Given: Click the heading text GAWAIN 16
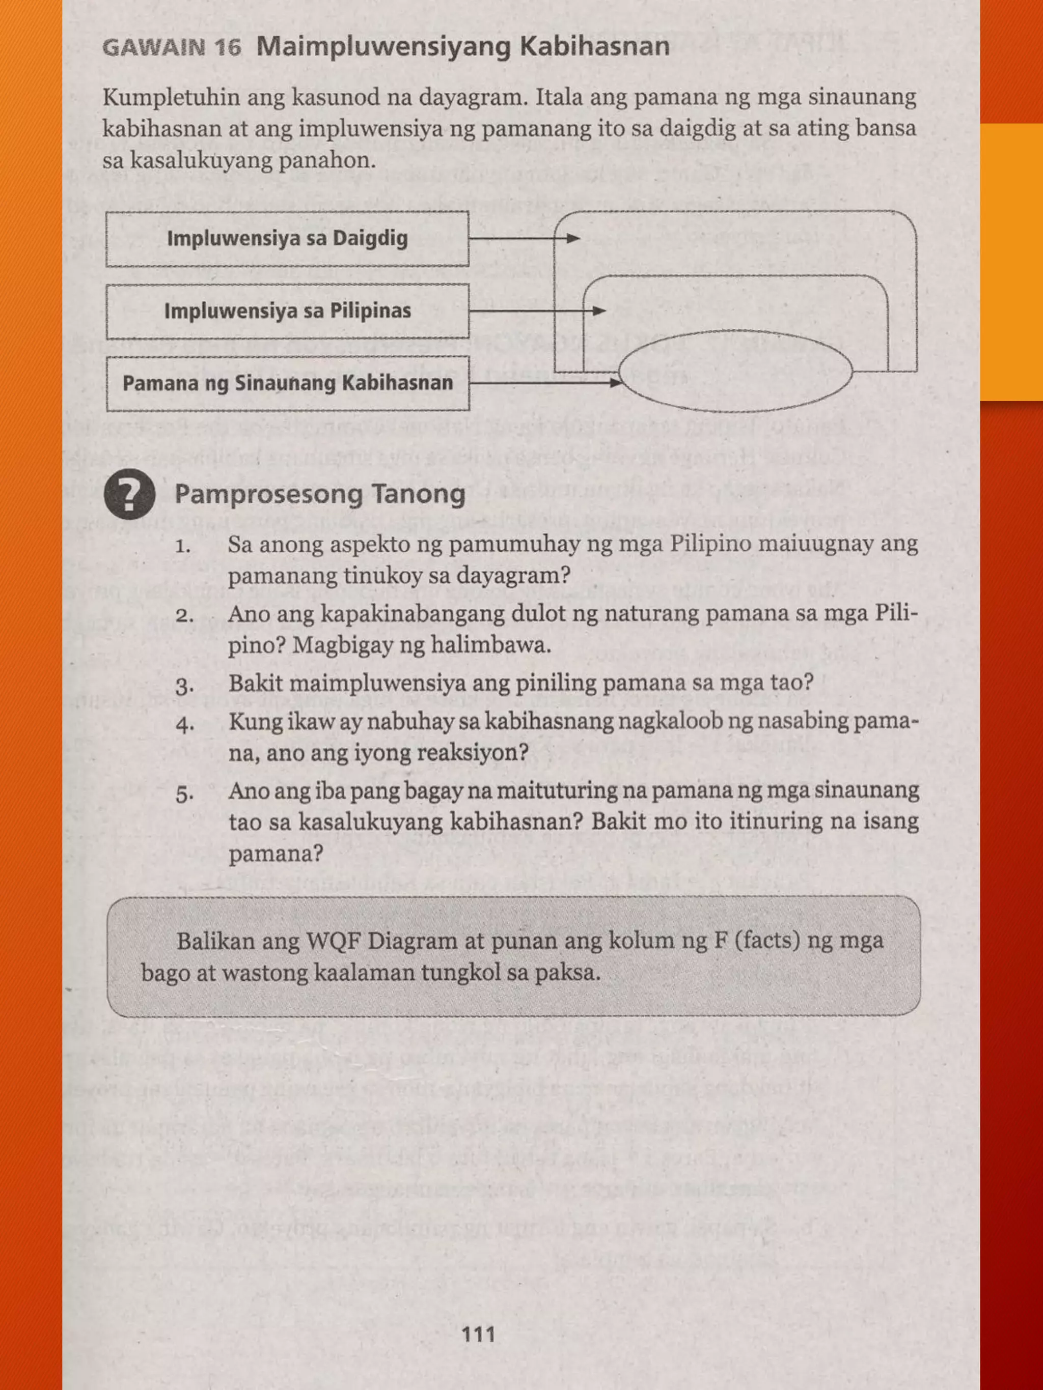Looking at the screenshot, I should (x=171, y=48).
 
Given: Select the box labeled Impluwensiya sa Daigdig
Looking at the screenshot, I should (x=287, y=239).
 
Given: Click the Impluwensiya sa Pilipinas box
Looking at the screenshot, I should (x=287, y=311).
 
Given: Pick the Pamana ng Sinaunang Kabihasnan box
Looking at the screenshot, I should (x=287, y=383).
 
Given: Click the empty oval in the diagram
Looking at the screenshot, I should (x=735, y=372).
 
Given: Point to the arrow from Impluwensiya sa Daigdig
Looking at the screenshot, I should (x=524, y=239).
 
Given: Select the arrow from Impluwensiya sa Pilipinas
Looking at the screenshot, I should (x=537, y=311).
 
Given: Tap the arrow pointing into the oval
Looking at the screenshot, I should (x=546, y=382).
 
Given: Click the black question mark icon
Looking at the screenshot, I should (x=129, y=495).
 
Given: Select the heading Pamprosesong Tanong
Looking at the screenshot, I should (x=320, y=495).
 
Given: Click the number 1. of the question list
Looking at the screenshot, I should (x=183, y=546).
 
